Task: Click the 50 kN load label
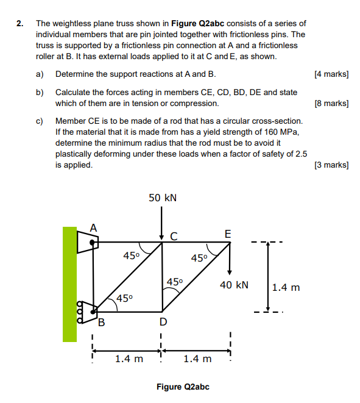point(163,198)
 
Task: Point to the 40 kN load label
point(234,285)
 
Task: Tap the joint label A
point(93,227)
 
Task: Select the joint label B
point(102,323)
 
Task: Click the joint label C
point(174,235)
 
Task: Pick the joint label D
point(162,321)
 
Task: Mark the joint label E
point(228,234)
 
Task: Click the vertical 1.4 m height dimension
point(286,287)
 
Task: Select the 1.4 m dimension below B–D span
point(129,358)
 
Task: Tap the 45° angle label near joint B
point(125,298)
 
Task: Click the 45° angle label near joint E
point(200,258)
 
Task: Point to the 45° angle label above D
point(175,282)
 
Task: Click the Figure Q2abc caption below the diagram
point(183,387)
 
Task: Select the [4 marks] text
point(331,74)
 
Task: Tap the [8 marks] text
point(331,104)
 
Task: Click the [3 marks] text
point(331,165)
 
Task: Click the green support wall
point(69,284)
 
